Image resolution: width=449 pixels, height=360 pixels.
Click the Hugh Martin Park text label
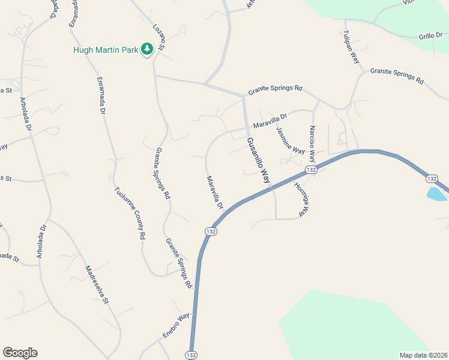(x=105, y=50)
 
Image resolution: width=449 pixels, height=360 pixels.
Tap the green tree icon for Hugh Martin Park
(x=146, y=49)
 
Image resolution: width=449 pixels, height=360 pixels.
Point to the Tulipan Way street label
(x=351, y=47)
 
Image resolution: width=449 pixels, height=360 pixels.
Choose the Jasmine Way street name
(x=290, y=140)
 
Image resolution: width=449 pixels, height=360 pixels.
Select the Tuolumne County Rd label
(x=130, y=213)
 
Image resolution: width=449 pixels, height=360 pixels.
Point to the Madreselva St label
(x=96, y=285)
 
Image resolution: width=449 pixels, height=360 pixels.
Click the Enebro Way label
(x=175, y=325)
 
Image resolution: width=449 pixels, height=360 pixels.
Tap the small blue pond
(x=436, y=194)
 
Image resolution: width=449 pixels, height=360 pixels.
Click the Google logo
(x=20, y=353)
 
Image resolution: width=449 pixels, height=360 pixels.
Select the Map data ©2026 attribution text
(x=424, y=355)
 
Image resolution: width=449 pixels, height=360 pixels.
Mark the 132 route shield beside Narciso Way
(x=310, y=170)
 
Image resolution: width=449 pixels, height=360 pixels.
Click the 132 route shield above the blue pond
(x=432, y=179)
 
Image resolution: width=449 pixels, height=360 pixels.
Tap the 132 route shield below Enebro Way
(x=191, y=355)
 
